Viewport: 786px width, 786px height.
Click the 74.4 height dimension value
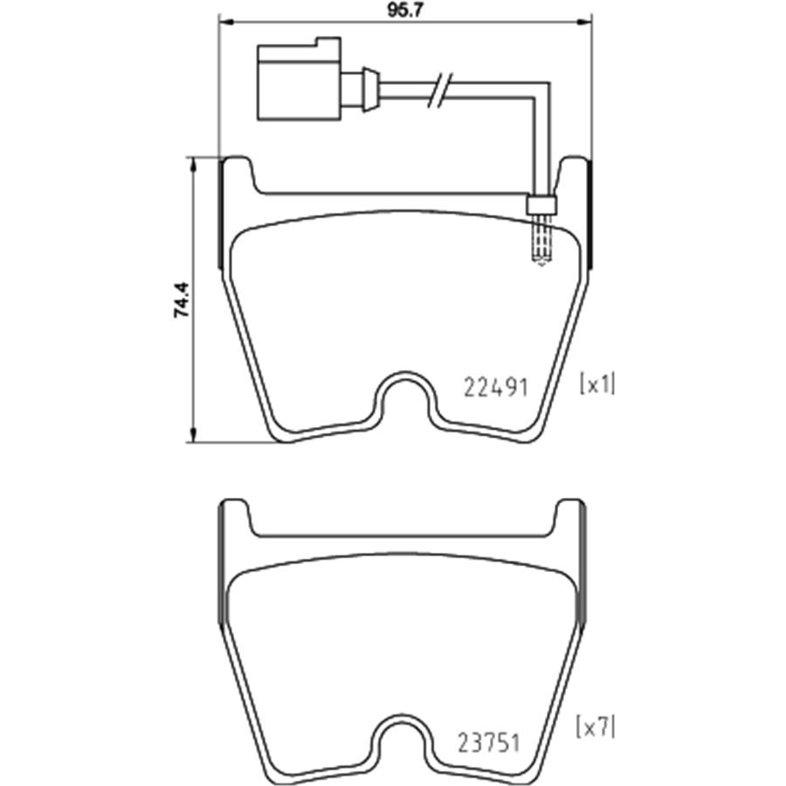point(182,299)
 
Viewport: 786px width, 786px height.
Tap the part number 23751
point(489,743)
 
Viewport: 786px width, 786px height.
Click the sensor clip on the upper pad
point(541,203)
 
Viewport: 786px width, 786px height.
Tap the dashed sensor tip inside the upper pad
point(541,240)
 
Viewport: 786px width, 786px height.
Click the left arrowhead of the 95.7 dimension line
point(224,22)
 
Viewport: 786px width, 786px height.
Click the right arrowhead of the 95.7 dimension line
point(587,22)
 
